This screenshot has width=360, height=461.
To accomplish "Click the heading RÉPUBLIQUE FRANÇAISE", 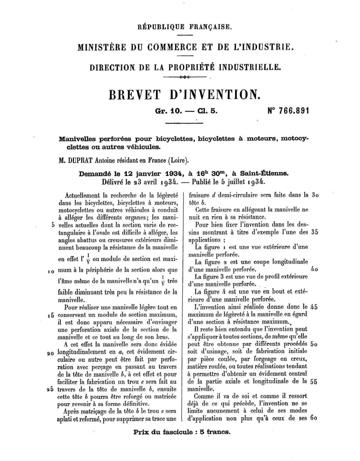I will point(185,27).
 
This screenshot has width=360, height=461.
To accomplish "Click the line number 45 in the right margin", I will point(314,307).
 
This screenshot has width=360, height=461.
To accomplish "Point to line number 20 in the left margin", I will point(50,353).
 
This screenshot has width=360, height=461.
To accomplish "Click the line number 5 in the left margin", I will point(53,225).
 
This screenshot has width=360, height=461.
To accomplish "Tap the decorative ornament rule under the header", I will point(185,77).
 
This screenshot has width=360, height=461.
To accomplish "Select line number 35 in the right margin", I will point(314,232).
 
